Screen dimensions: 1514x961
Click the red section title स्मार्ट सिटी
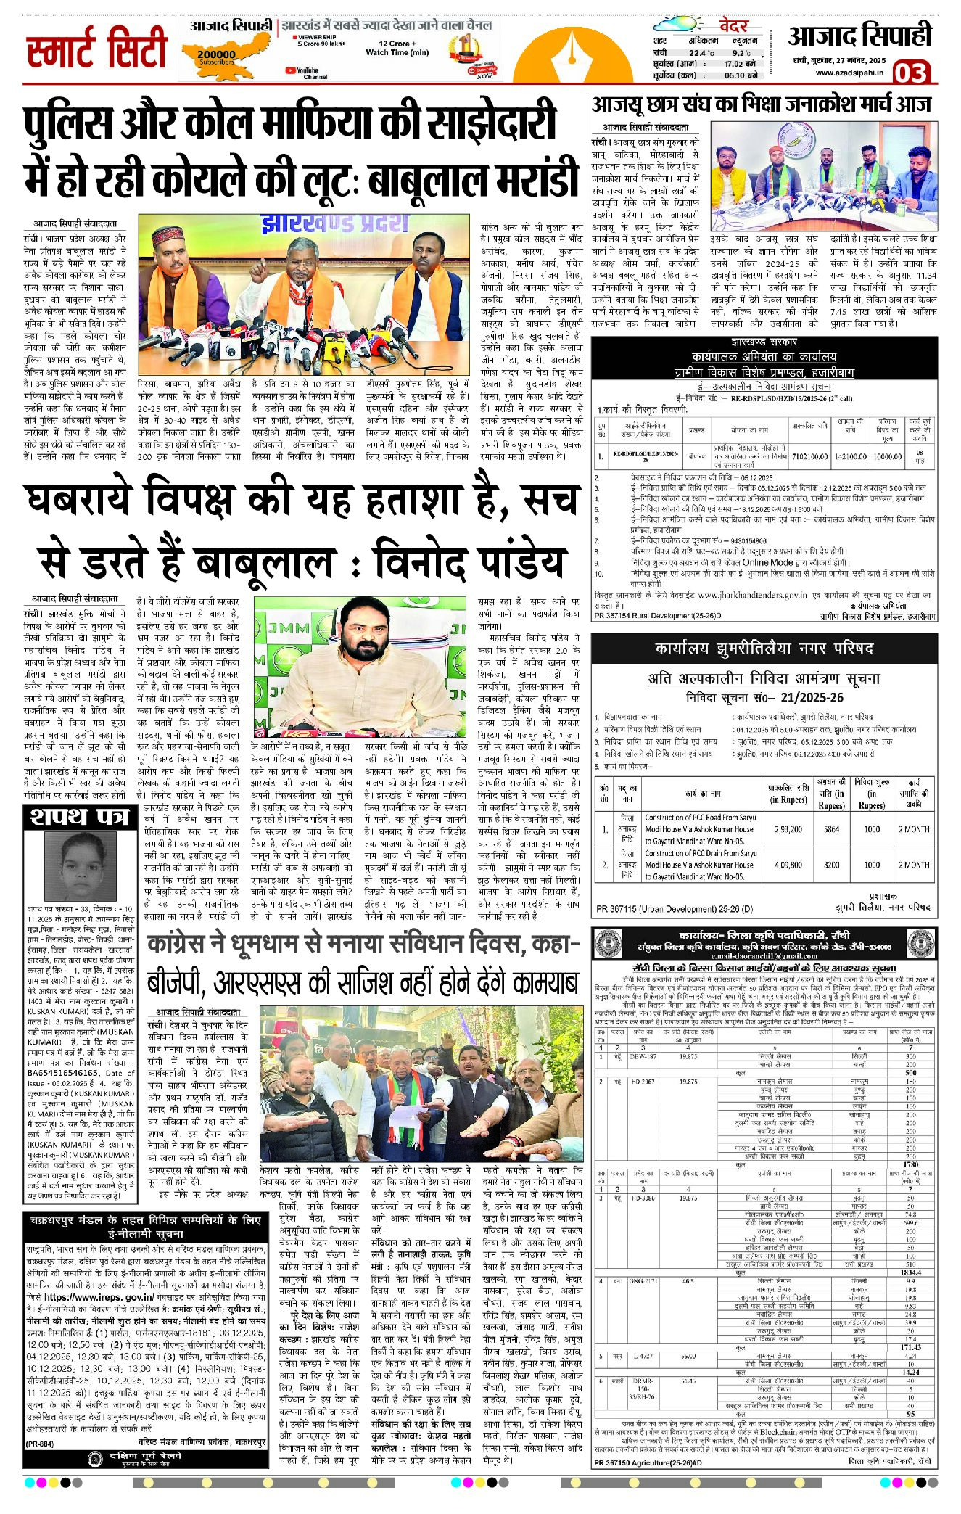pos(96,49)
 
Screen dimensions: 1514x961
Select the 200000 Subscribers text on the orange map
pos(216,57)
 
